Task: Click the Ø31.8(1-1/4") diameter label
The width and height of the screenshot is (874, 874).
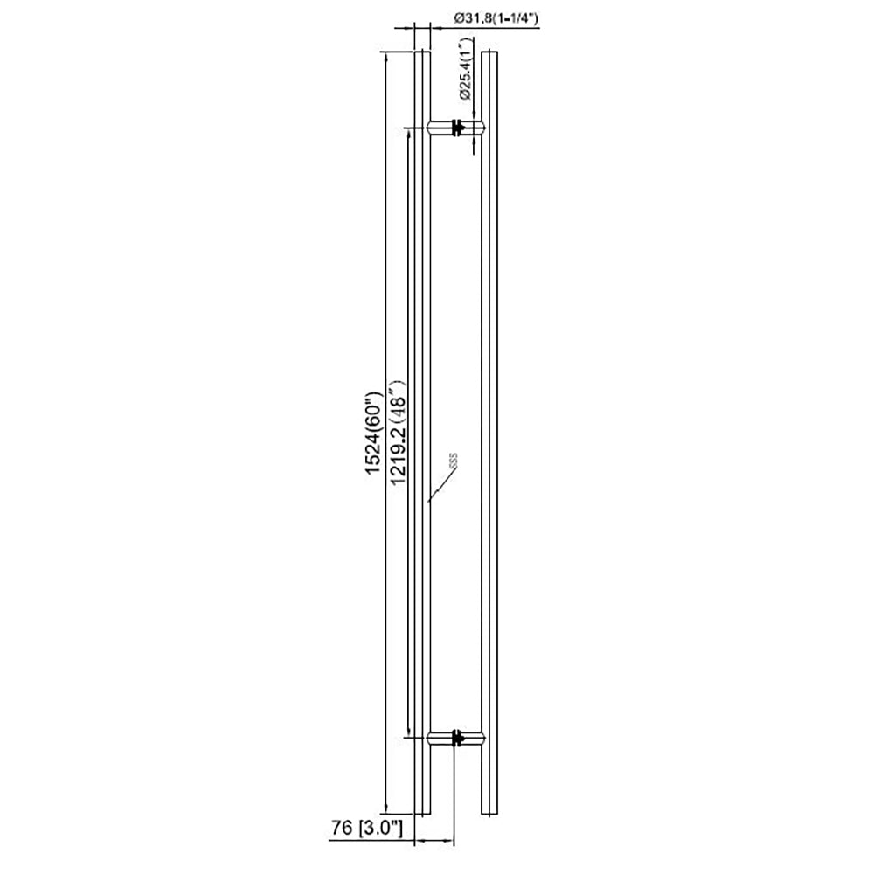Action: [496, 17]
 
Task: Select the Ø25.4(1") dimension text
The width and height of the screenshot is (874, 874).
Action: [465, 67]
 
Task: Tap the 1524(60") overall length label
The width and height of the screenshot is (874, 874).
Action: [374, 432]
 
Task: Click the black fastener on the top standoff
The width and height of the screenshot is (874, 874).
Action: [455, 128]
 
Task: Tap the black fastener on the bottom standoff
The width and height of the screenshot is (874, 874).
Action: [455, 739]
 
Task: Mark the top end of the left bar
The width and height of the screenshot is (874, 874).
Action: [422, 52]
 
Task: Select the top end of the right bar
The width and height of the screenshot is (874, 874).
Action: [489, 52]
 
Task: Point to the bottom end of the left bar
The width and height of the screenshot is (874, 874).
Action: [422, 813]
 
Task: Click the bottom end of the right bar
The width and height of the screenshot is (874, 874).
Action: [489, 813]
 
